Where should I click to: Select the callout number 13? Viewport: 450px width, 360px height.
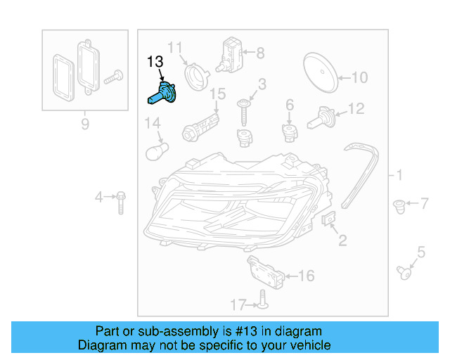(155, 63)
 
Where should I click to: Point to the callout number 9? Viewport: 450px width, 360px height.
(85, 124)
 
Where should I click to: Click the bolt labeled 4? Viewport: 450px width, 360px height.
(120, 202)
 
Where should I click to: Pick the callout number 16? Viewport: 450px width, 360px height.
(307, 276)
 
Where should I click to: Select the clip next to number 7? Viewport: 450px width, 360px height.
(399, 207)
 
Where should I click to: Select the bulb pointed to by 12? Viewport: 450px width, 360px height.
(321, 116)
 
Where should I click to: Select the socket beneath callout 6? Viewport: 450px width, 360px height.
(289, 131)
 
